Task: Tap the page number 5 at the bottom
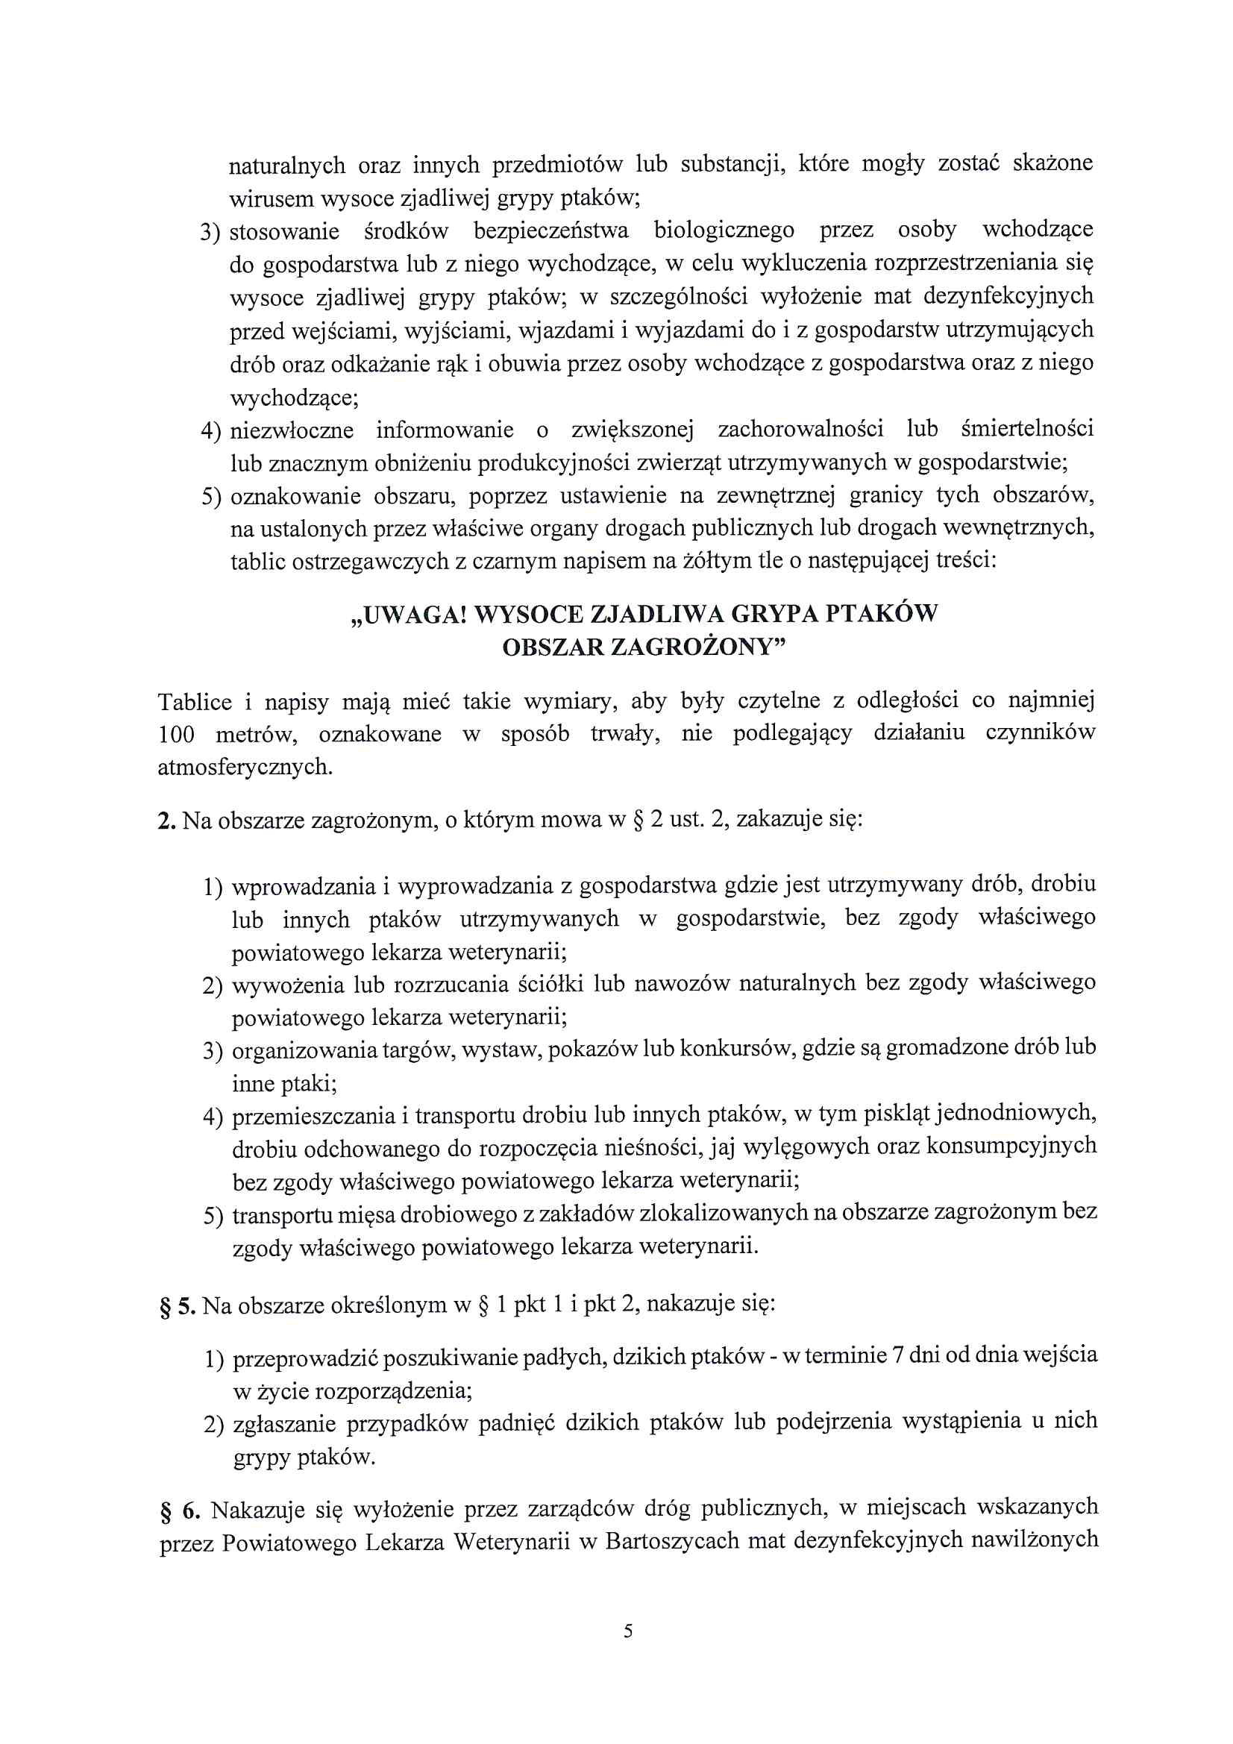point(627,1631)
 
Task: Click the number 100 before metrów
point(175,735)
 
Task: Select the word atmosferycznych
point(245,767)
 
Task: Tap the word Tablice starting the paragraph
point(195,702)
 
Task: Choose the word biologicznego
point(724,230)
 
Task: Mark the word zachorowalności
point(800,429)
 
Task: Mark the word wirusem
point(272,199)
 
